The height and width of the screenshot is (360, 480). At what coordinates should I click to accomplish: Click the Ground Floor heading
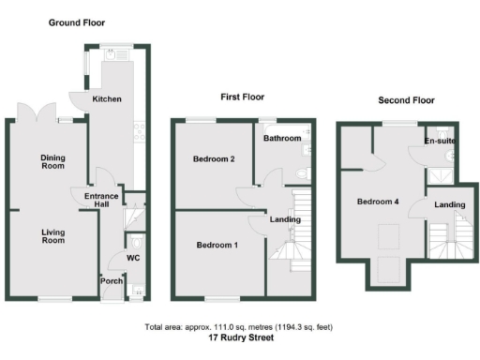pos(77,22)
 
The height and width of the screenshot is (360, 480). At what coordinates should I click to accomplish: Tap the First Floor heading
pos(242,97)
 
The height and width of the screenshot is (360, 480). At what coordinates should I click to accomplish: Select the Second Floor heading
pos(405,100)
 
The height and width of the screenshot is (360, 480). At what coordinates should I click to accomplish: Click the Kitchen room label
pos(107,98)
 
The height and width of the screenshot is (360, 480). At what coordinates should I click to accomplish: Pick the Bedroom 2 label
pos(214,159)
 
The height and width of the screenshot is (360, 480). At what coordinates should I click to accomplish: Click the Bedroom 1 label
pos(217,245)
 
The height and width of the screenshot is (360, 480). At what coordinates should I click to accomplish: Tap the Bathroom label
pos(281,139)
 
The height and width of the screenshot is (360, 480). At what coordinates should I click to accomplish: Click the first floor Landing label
pos(285,220)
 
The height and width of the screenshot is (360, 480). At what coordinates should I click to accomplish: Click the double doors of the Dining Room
pos(36,113)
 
